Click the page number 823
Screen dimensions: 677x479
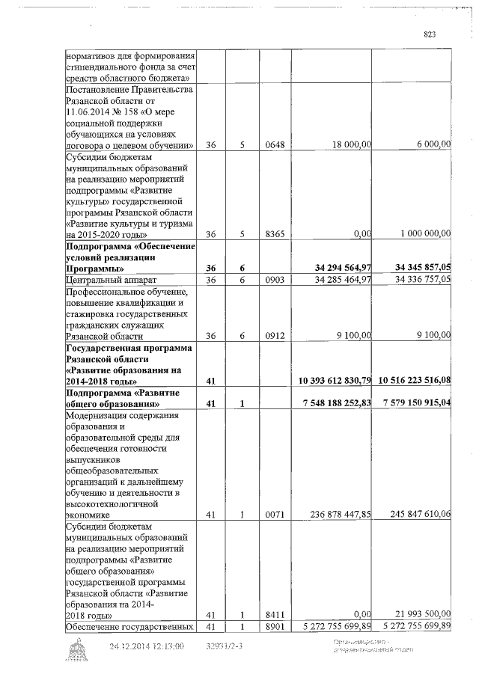429,34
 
